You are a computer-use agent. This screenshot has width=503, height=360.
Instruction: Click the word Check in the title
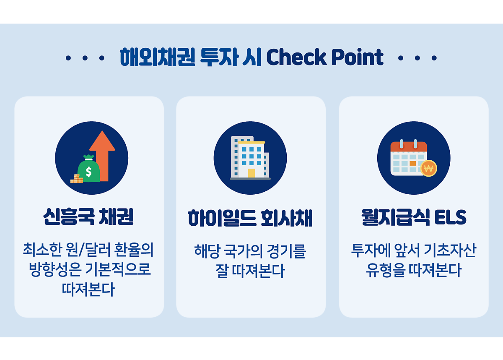297,57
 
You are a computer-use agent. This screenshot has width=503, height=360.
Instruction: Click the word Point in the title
357,57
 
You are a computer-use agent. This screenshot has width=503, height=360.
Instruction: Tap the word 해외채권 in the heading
158,57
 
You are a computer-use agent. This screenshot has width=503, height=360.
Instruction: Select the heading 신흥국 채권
88,217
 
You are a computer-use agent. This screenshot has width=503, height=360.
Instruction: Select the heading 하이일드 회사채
250,218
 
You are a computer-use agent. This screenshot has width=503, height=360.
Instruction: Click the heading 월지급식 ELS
414,217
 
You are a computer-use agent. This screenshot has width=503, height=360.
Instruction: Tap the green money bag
89,169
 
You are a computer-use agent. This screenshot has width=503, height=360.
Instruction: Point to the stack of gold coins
77,179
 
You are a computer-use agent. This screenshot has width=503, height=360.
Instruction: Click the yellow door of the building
251,173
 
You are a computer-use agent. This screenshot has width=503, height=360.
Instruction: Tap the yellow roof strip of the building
251,143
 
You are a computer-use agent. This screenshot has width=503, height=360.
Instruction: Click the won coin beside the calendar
428,168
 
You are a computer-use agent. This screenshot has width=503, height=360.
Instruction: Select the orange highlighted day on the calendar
413,163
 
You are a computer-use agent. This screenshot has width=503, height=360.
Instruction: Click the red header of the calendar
408,146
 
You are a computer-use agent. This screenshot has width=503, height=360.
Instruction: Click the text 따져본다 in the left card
88,289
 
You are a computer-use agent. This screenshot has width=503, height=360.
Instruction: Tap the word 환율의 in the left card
134,250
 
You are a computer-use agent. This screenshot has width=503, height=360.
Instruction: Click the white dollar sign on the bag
89,172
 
